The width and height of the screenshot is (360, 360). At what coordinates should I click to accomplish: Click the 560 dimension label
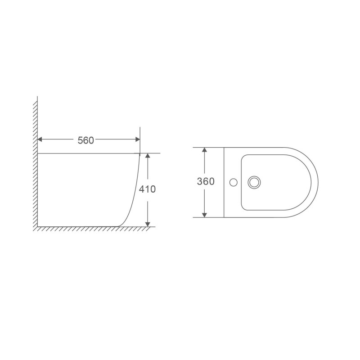[x=85, y=140]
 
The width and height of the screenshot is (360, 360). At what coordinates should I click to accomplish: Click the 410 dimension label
[x=148, y=189]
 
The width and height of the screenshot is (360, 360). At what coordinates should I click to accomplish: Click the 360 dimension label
[x=206, y=181]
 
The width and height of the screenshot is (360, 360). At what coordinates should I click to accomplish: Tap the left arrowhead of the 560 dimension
[x=40, y=139]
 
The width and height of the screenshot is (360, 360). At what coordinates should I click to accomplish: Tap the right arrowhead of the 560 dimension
[x=138, y=139]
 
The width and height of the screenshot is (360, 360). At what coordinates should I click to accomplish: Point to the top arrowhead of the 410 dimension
[x=148, y=155]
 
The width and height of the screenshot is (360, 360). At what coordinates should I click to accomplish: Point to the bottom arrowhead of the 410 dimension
[x=148, y=224]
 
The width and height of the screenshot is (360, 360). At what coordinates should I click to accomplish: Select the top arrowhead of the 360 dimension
[x=204, y=150]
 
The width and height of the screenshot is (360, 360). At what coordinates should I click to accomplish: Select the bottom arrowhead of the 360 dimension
[x=204, y=215]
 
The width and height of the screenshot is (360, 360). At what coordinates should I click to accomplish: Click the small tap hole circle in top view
[x=234, y=183]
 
